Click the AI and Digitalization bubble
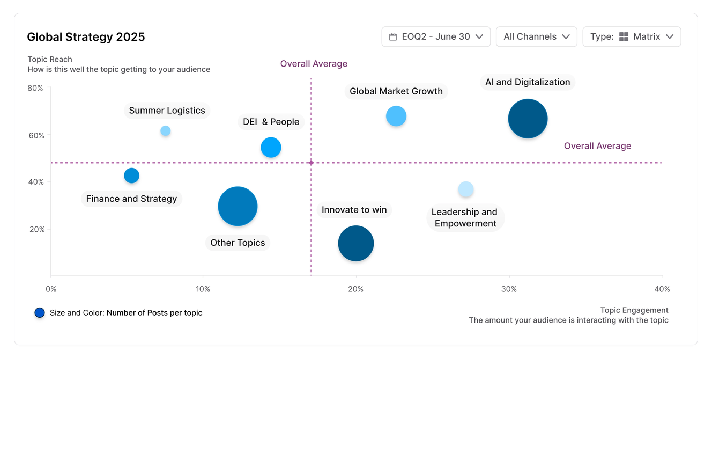point(528,119)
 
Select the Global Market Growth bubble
point(396,116)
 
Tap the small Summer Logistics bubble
point(166,131)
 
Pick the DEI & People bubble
point(271,147)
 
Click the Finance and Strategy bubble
point(131,176)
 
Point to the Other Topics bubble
point(238,206)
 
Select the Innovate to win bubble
point(355,243)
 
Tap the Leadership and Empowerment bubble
point(466,189)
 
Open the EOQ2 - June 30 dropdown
point(436,36)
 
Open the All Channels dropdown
point(537,36)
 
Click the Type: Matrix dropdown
point(632,36)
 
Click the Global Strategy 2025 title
point(86,37)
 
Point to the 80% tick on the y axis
point(35,88)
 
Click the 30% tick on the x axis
point(509,289)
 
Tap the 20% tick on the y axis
point(36,229)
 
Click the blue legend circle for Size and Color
point(40,313)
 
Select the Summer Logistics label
point(167,111)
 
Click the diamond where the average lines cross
point(311,163)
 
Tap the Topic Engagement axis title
point(634,310)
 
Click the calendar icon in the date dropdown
point(393,36)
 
